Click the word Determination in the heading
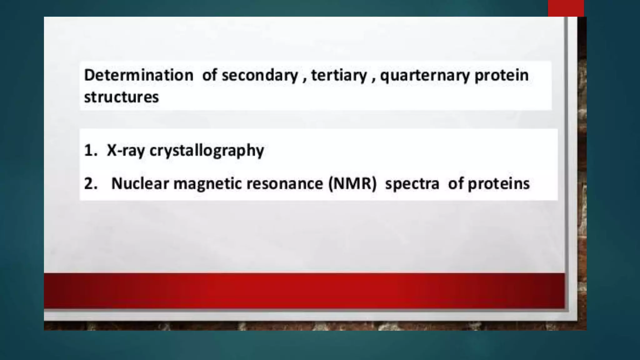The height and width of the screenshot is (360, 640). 139,75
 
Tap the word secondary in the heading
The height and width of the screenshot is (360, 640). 260,75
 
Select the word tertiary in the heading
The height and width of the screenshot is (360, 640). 339,75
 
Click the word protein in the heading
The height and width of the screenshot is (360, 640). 501,75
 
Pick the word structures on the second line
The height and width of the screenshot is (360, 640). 121,97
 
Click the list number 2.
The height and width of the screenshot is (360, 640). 90,183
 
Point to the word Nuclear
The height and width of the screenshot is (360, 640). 140,183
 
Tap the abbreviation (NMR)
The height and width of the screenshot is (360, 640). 352,183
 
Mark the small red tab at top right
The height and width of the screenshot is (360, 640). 566,8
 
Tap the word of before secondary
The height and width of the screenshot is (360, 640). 209,75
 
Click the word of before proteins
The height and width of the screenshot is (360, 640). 456,183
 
